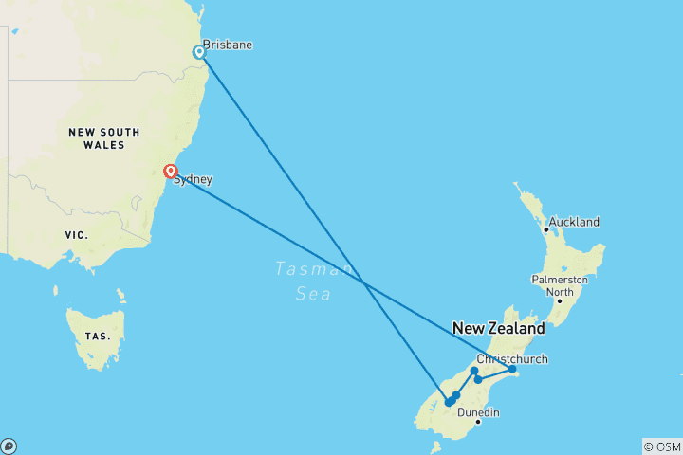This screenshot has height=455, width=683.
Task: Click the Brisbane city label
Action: (x=228, y=45)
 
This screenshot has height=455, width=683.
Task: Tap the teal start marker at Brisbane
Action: (x=199, y=52)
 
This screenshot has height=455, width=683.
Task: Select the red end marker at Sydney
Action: (x=170, y=172)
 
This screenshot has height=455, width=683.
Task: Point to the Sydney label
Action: (x=193, y=179)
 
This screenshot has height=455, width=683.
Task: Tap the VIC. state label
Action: (x=76, y=234)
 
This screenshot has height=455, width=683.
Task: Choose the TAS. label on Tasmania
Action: (x=98, y=337)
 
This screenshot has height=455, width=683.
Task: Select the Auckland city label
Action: (x=574, y=222)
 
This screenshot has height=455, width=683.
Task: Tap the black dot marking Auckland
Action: (x=546, y=228)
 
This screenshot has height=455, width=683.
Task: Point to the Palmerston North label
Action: (x=560, y=286)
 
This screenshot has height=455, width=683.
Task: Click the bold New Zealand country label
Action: (x=499, y=329)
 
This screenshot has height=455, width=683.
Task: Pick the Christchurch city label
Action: (x=512, y=358)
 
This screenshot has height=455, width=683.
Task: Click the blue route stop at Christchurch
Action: (x=511, y=369)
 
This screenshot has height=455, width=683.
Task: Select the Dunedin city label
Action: (x=478, y=412)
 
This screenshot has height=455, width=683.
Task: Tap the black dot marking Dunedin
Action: (x=478, y=422)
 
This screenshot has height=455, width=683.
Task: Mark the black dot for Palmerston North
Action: (x=560, y=301)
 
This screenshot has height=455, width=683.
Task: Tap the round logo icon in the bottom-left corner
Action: (x=9, y=446)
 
